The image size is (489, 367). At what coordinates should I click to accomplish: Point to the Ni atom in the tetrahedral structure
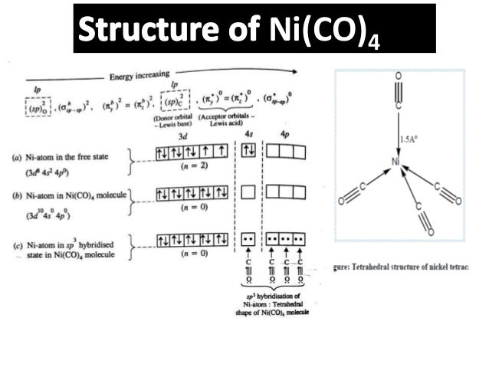tap(396, 162)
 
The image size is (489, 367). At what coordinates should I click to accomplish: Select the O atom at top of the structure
tap(397, 76)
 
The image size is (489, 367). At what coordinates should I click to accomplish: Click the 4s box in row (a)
tap(248, 152)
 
